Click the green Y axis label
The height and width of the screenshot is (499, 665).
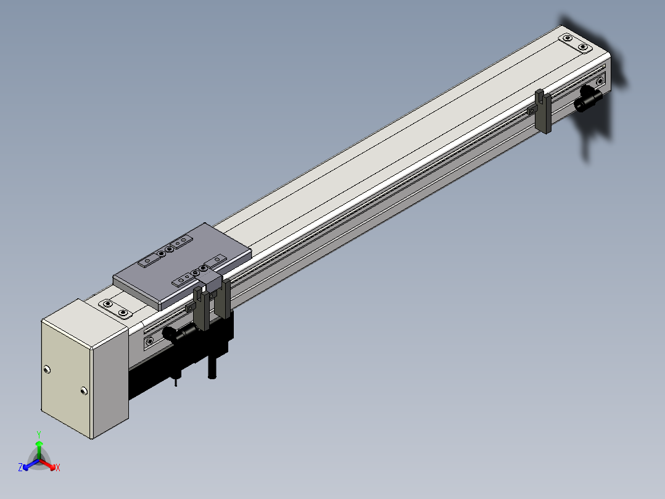[39, 434]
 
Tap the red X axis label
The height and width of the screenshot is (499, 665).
[58, 468]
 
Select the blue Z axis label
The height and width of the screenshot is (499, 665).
[20, 467]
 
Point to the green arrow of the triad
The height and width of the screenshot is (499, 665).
[39, 450]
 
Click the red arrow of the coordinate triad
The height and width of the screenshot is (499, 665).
[47, 464]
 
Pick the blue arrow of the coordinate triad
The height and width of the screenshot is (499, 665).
[31, 464]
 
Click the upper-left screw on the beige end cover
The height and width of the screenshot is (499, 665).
[47, 369]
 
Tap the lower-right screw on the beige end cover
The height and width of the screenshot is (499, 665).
[84, 391]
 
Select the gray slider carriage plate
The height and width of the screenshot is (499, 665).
[183, 266]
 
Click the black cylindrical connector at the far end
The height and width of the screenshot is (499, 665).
[589, 99]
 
